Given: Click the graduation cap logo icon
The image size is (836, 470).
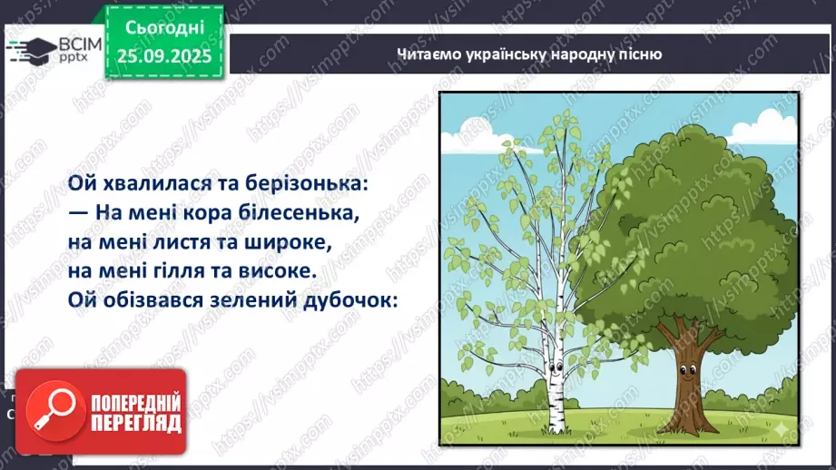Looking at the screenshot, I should (x=25, y=50).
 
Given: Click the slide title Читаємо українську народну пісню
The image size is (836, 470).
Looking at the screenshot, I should (x=529, y=54).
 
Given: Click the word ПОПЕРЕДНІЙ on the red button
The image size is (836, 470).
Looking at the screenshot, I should (x=133, y=401).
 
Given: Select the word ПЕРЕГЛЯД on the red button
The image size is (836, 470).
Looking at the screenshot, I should (x=133, y=423).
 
